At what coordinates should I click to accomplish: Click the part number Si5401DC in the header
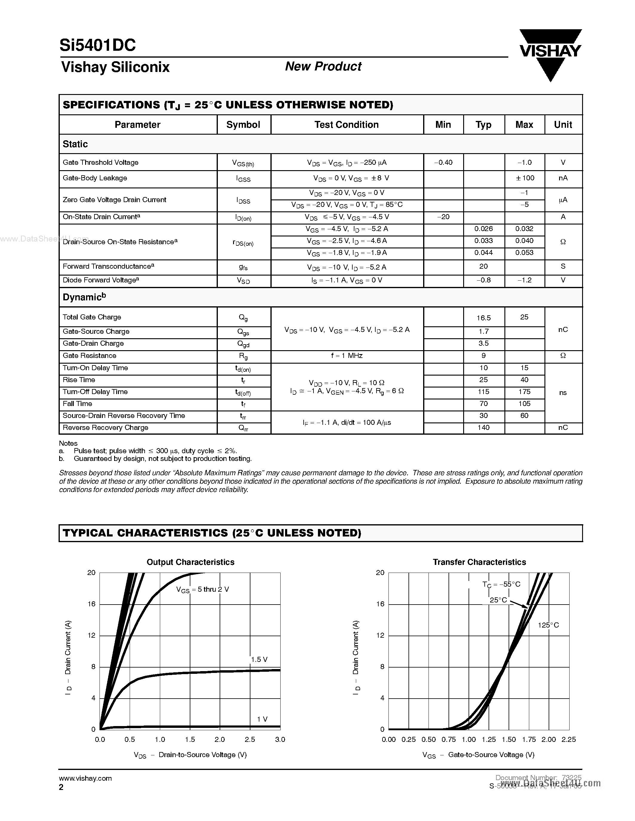pyautogui.click(x=97, y=45)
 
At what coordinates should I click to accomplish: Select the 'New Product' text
pyautogui.click(x=323, y=67)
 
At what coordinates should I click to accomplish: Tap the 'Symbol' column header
pyautogui.click(x=243, y=125)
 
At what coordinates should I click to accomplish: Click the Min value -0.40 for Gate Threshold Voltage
pyautogui.click(x=443, y=162)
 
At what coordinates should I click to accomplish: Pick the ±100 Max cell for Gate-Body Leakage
pyautogui.click(x=524, y=178)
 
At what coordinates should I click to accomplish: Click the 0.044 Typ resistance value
pyautogui.click(x=483, y=253)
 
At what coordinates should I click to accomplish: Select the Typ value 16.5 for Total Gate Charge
pyautogui.click(x=483, y=318)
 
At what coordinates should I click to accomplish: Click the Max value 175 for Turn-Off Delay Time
pyautogui.click(x=524, y=392)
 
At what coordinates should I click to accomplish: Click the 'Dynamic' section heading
pyautogui.click(x=84, y=297)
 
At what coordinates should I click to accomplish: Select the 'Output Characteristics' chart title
pyautogui.click(x=190, y=562)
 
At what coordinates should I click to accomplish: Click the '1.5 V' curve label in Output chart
pyautogui.click(x=259, y=659)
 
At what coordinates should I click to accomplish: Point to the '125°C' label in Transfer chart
pyautogui.click(x=548, y=625)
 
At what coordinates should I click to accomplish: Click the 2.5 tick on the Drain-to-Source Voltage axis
pyautogui.click(x=250, y=739)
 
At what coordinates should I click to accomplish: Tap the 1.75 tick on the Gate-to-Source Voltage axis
pyautogui.click(x=529, y=739)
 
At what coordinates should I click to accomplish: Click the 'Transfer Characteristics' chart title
pyautogui.click(x=479, y=562)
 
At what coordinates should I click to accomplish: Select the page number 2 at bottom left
pyautogui.click(x=61, y=787)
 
